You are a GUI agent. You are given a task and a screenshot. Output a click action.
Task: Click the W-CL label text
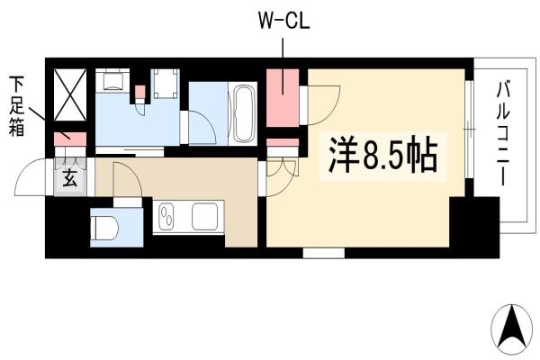click(x=283, y=22)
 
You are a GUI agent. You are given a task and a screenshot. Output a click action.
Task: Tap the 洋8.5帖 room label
click(x=383, y=157)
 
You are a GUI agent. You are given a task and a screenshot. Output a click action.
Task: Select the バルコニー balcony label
click(x=503, y=134)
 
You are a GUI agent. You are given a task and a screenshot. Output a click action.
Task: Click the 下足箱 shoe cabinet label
click(x=17, y=106)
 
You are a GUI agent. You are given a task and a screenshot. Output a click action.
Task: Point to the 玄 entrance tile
click(x=70, y=178)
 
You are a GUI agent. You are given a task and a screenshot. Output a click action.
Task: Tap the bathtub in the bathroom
click(x=243, y=113)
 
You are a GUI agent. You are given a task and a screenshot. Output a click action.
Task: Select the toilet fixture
click(x=104, y=228)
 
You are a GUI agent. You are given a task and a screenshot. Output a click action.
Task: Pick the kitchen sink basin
click(x=204, y=216)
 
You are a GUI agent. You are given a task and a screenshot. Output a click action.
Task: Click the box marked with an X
click(x=70, y=94)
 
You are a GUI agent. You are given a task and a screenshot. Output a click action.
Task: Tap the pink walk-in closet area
click(x=283, y=98)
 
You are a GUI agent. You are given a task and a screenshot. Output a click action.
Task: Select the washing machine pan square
click(x=166, y=84)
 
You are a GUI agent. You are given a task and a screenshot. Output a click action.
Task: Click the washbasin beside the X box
click(x=112, y=80)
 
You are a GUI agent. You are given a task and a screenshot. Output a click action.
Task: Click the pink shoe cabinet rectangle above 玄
click(x=70, y=139)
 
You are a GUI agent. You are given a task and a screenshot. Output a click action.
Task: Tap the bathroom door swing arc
click(x=206, y=121)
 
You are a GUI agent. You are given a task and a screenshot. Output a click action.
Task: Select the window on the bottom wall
click(x=324, y=253)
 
